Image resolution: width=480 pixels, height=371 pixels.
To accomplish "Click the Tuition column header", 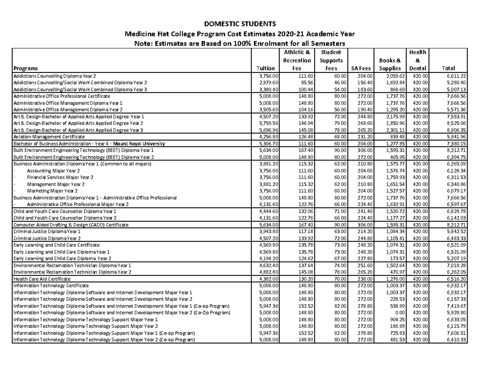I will (x=268, y=68).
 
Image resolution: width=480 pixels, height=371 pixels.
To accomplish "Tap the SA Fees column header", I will (x=361, y=68).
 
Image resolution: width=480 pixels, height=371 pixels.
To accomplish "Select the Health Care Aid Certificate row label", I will (x=42, y=279).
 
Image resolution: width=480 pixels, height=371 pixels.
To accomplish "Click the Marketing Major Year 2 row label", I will (x=52, y=191).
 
